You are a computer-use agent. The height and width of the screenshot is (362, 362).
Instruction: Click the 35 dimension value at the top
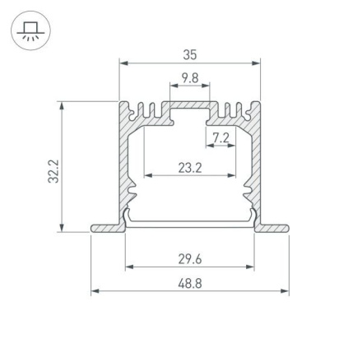tap(190, 55)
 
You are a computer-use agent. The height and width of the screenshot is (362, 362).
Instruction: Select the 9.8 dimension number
tap(190, 78)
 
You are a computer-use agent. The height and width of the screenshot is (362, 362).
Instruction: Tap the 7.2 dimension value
tap(220, 137)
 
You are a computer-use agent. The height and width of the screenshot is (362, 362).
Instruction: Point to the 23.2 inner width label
tap(190, 168)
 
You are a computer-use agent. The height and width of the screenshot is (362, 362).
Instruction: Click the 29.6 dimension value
tap(190, 259)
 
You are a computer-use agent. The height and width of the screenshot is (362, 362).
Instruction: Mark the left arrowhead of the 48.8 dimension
tap(94, 290)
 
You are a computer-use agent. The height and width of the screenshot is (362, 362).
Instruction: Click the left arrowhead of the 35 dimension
tap(123, 63)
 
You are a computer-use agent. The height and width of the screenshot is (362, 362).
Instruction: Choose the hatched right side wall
tap(253, 165)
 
